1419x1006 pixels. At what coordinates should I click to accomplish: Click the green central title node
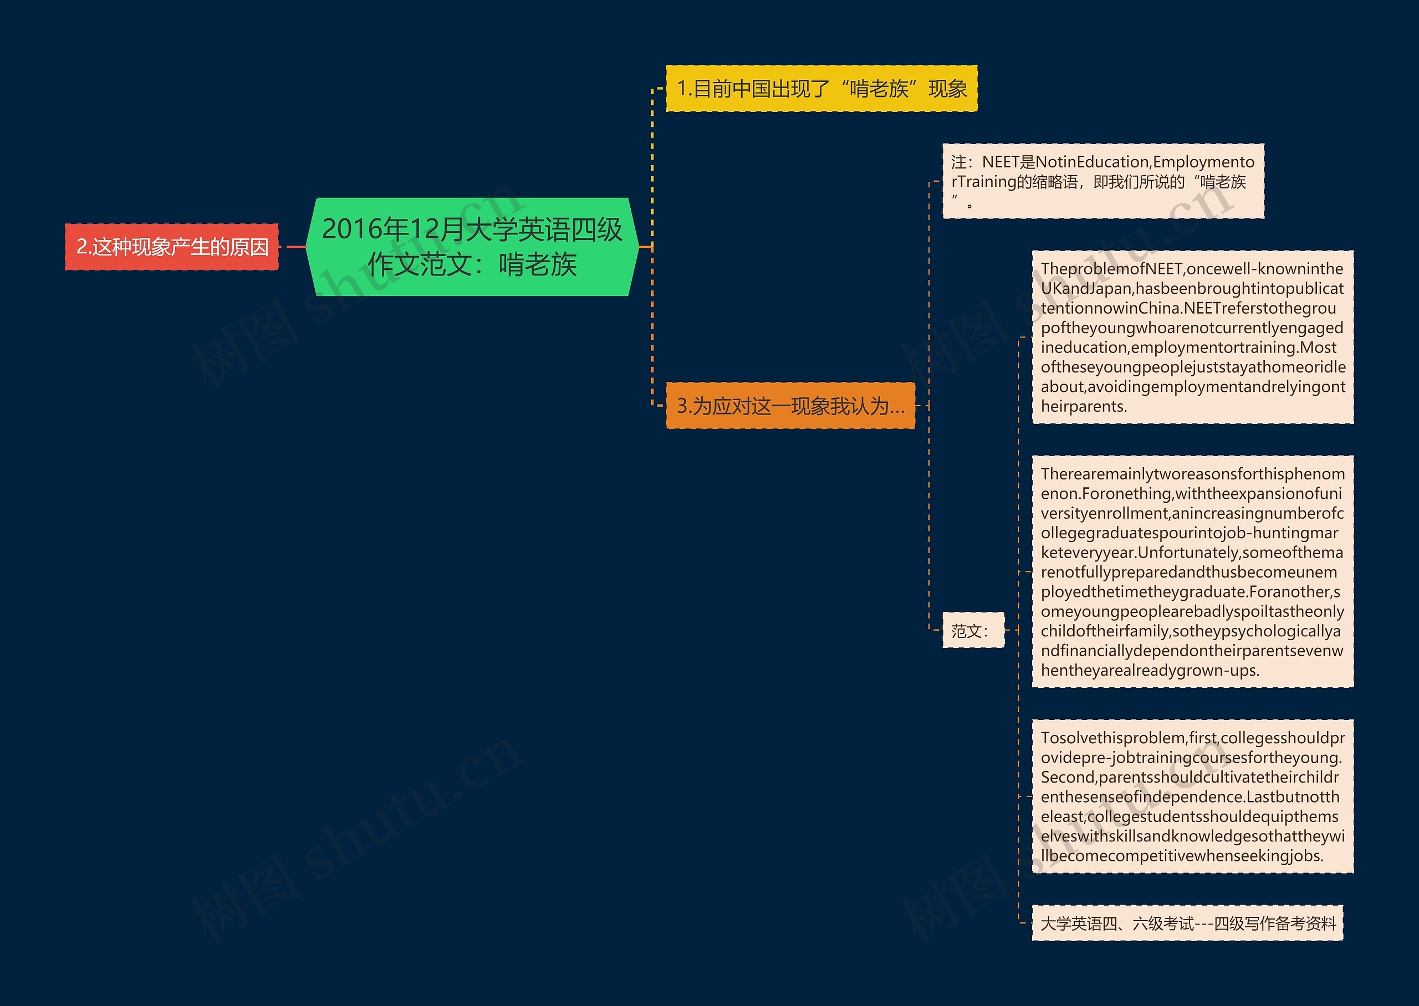coord(472,247)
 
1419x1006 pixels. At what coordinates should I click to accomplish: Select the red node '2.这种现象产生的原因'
coord(172,247)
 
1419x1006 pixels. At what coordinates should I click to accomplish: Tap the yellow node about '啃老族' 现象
coord(821,89)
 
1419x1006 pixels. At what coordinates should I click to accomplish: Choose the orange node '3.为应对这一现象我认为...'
coord(790,406)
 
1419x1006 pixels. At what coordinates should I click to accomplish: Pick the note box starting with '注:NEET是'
coord(1102,181)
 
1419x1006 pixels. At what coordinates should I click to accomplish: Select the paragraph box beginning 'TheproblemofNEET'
coord(1192,337)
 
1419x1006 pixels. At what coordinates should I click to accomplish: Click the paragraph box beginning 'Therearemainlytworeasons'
coord(1192,571)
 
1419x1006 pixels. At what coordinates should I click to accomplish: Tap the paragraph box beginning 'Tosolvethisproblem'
coord(1192,796)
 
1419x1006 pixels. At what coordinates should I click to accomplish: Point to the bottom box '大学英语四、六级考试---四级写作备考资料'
coord(1187,923)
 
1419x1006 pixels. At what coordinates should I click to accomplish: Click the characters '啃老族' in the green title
coord(538,265)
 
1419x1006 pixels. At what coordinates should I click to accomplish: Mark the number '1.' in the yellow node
coord(685,89)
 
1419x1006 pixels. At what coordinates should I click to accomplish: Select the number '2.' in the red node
coord(84,247)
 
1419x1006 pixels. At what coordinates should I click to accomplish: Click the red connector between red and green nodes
coord(296,247)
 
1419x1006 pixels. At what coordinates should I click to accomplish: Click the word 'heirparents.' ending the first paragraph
coord(1083,406)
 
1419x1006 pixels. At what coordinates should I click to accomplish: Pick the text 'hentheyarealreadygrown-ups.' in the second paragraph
coord(1150,670)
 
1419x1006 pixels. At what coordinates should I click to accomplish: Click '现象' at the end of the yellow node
coord(948,89)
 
